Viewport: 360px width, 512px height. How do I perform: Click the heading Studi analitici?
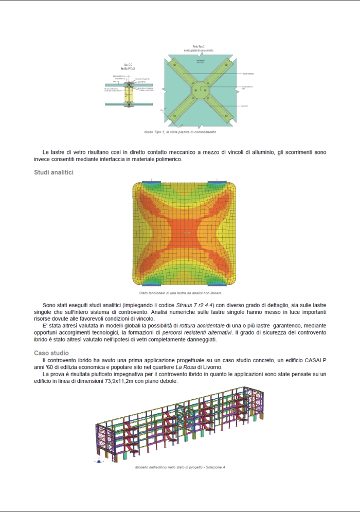(x=54, y=172)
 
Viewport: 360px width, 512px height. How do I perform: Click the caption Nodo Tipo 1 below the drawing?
(x=180, y=132)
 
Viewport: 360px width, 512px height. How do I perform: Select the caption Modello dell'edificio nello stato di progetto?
(x=181, y=467)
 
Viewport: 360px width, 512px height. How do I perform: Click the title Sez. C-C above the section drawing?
(x=128, y=65)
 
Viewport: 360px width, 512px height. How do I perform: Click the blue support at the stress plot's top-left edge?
(x=152, y=183)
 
